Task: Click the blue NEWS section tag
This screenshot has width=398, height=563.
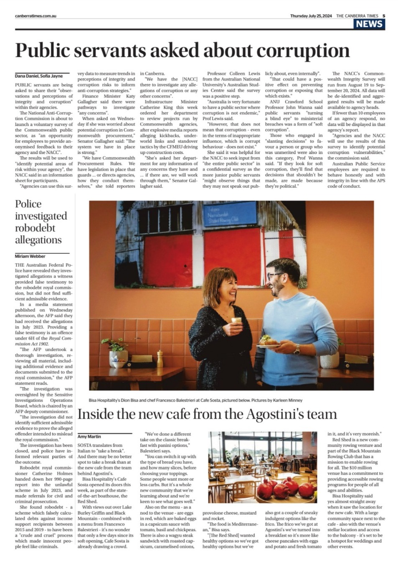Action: click(x=369, y=24)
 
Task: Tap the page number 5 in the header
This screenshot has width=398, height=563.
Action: click(x=383, y=16)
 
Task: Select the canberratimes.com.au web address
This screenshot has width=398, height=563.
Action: click(x=35, y=16)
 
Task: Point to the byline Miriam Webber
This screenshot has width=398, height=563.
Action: click(x=30, y=256)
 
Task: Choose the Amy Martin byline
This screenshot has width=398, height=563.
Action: click(x=89, y=437)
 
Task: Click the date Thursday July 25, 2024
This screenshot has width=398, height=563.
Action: click(x=311, y=16)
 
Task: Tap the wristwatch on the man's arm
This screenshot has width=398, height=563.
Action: click(x=297, y=349)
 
